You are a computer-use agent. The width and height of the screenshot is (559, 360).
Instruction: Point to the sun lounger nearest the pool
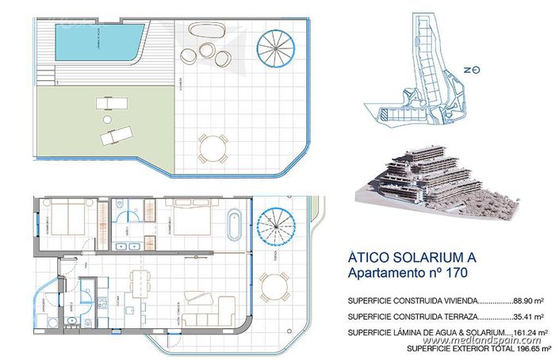click(107, 103)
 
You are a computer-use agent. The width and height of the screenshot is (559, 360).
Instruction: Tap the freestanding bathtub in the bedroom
click(234, 224)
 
